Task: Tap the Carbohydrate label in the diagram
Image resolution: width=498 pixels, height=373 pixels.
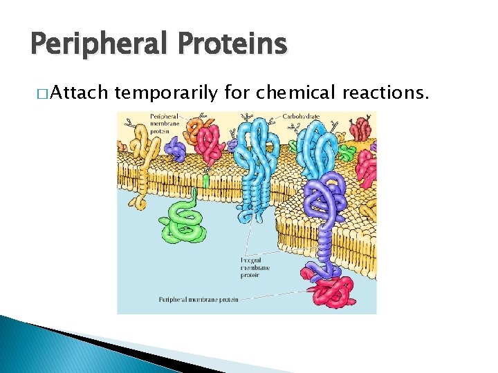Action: pos(301,117)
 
